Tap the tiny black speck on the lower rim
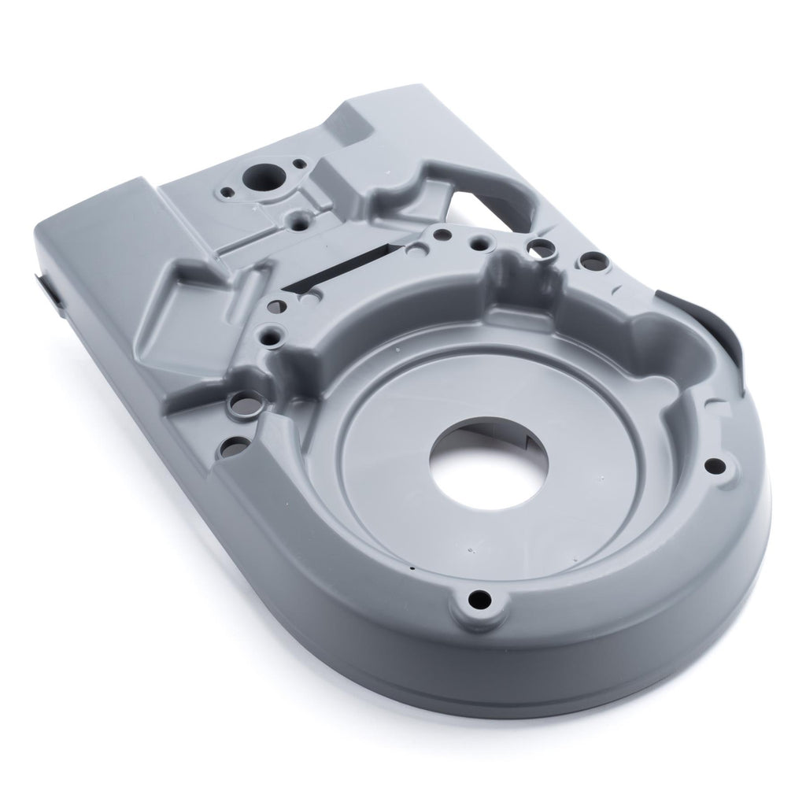click(x=409, y=567)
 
